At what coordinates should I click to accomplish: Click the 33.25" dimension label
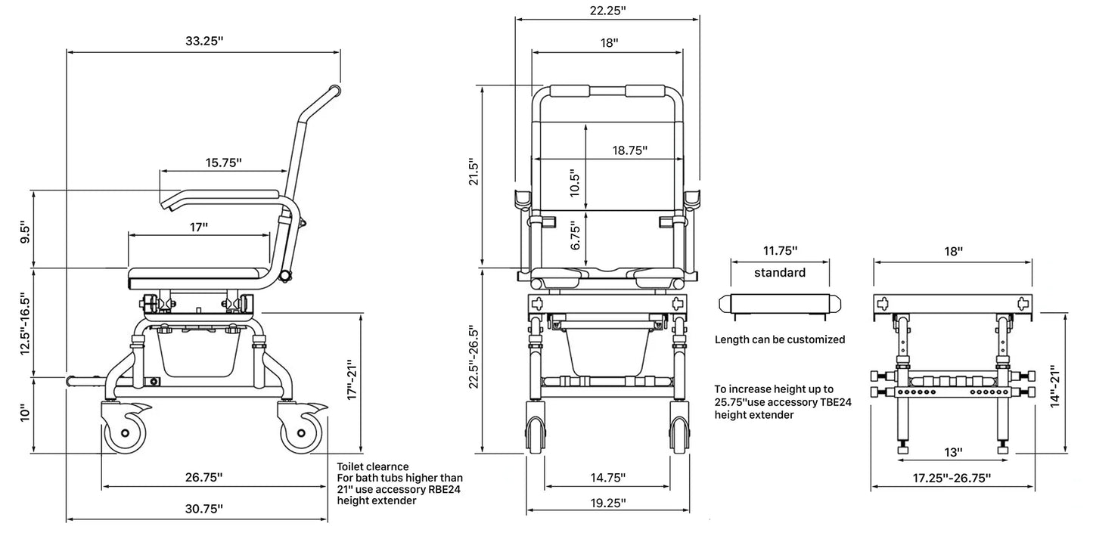(x=204, y=41)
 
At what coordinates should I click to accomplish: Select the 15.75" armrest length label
(x=223, y=163)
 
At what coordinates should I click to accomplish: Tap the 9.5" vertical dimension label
(x=25, y=234)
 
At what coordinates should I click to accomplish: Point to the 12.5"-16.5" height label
(x=25, y=324)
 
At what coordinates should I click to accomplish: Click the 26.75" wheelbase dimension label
(x=203, y=477)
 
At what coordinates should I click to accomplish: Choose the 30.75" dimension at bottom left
(x=204, y=509)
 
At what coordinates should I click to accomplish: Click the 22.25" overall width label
(x=607, y=11)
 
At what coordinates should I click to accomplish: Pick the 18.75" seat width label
(x=629, y=150)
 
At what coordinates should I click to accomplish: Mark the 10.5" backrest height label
(x=575, y=183)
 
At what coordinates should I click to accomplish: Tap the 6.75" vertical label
(x=576, y=236)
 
